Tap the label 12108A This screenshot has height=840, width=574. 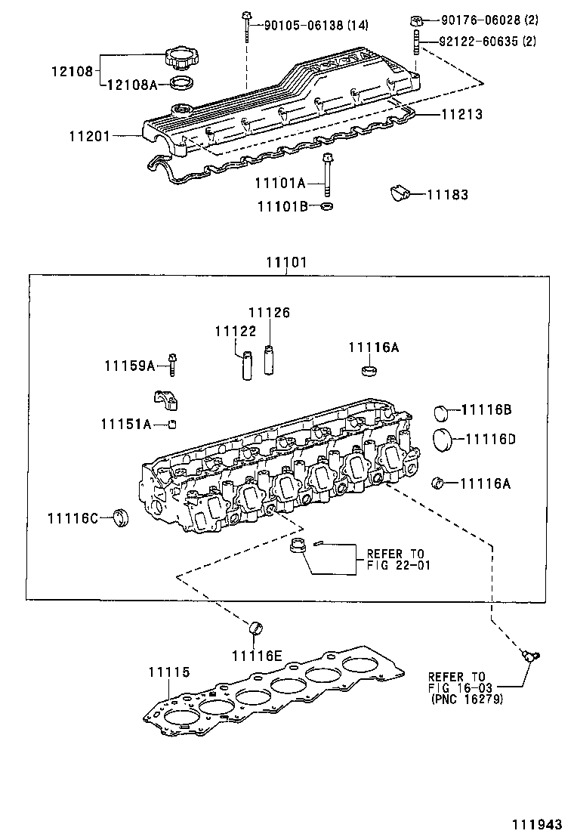131,85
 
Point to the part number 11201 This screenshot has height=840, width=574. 90,137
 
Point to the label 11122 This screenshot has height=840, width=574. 235,331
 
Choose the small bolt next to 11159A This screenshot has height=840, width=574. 173,365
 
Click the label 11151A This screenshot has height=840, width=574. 125,423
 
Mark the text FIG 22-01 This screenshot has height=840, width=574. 400,565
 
